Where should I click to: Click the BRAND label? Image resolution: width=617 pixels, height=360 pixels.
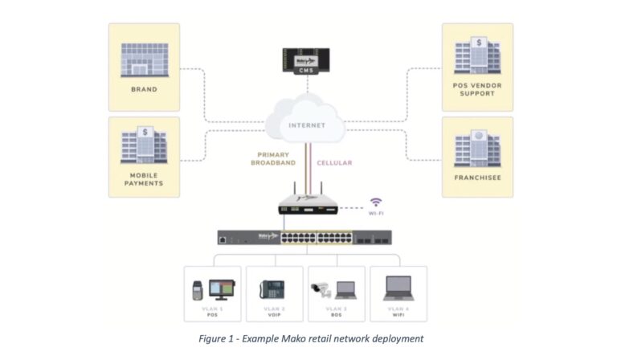point(144,89)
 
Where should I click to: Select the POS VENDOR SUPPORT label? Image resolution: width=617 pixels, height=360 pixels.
point(477,88)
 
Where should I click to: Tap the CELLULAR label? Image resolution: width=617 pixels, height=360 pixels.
point(333,162)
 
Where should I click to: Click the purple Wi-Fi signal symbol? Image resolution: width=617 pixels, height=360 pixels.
point(375,202)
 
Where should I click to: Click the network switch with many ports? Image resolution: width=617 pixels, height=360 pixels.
point(304,237)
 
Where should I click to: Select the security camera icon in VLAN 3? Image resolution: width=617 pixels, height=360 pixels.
point(318,287)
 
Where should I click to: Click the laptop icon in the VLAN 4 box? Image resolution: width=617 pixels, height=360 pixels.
point(398,288)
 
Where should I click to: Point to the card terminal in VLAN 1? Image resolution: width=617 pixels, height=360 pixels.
point(197,289)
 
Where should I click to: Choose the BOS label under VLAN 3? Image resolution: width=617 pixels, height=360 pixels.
point(336,315)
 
